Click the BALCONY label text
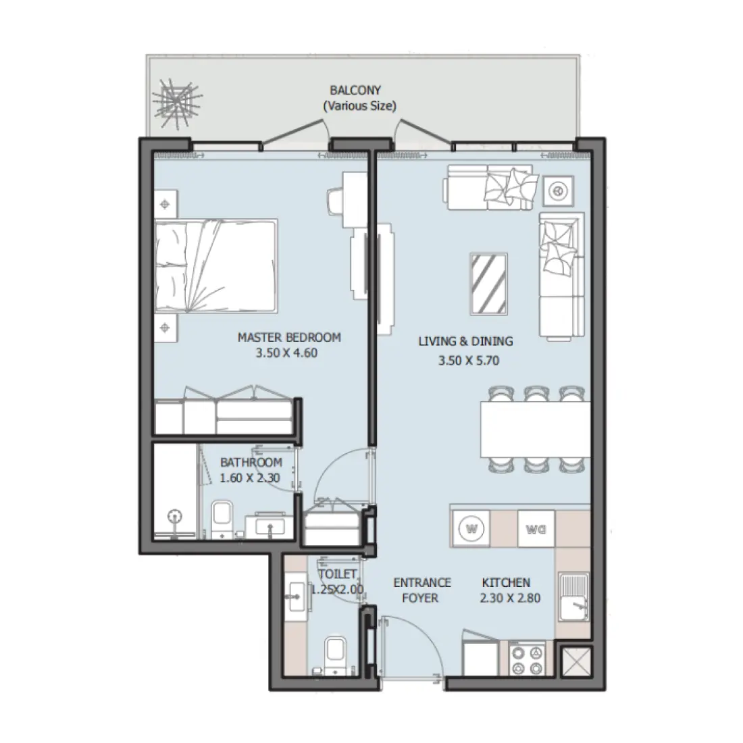pyautogui.click(x=355, y=89)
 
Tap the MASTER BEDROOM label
pyautogui.click(x=289, y=338)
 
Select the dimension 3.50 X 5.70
pyautogui.click(x=468, y=361)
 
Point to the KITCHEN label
pyautogui.click(x=505, y=582)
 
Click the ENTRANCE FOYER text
pyautogui.click(x=422, y=590)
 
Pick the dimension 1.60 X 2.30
pyautogui.click(x=251, y=477)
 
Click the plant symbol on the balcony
pyautogui.click(x=174, y=105)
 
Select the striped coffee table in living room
pyautogui.click(x=490, y=283)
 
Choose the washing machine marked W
pyautogui.click(x=470, y=527)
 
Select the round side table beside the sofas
pyautogui.click(x=558, y=192)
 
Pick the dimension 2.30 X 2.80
pyautogui.click(x=511, y=598)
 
